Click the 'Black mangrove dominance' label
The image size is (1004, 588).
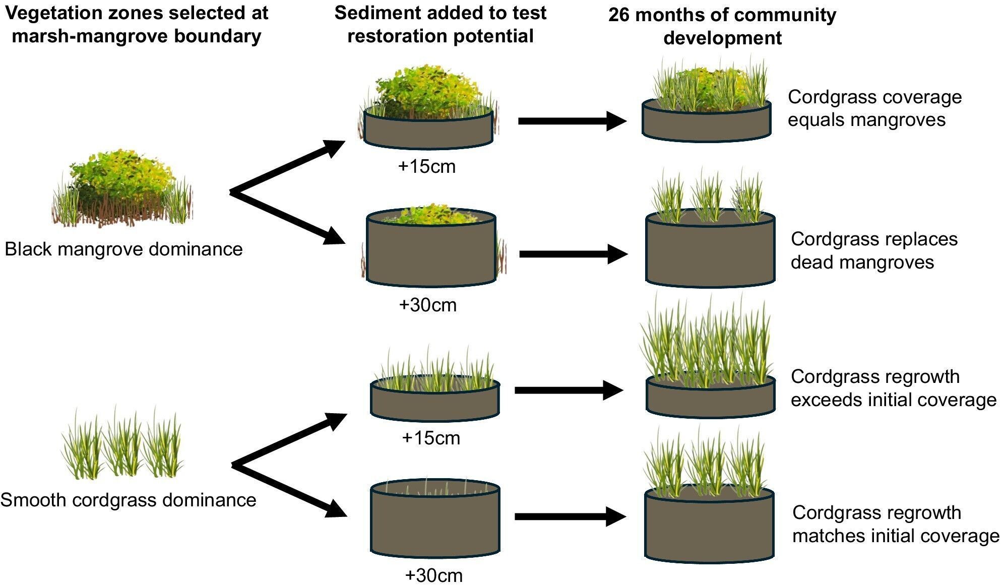123,249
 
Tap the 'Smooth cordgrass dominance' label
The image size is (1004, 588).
128,500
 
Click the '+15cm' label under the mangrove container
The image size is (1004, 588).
427,166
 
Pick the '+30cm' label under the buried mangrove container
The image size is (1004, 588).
428,305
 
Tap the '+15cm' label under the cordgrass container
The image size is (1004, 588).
431,438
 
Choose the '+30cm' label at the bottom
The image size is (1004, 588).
433,575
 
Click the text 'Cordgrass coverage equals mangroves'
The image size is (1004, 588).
874,108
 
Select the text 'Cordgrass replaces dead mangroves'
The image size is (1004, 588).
873,250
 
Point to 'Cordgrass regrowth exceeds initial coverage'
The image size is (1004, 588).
893,388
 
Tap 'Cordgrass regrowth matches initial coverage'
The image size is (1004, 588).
895,524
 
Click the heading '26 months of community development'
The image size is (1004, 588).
722,26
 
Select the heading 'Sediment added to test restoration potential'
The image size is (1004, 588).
440,24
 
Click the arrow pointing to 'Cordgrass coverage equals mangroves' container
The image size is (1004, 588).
572,121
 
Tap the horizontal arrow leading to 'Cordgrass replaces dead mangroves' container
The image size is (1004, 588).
573,254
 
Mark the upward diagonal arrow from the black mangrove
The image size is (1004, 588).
287,167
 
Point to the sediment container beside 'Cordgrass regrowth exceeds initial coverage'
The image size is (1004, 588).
710,398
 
